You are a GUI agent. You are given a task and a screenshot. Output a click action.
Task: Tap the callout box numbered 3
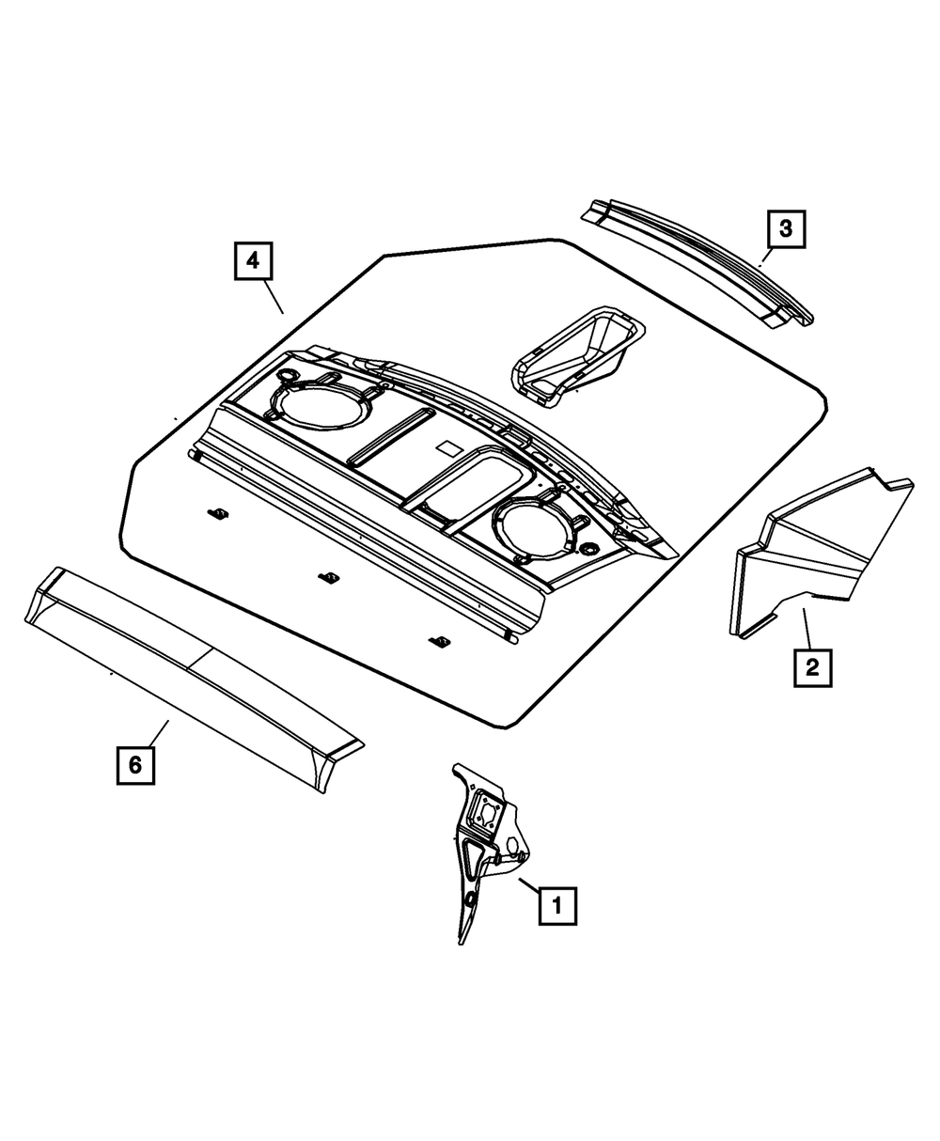coord(786,227)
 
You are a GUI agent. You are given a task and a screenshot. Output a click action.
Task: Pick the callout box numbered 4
coord(253,261)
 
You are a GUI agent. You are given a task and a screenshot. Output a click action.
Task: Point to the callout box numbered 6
coord(135,764)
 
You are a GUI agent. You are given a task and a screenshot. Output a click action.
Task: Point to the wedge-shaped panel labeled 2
coord(808,555)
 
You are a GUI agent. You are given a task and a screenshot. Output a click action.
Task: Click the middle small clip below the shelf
coord(328,578)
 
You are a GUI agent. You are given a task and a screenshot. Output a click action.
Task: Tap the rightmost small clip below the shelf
coord(436,641)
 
